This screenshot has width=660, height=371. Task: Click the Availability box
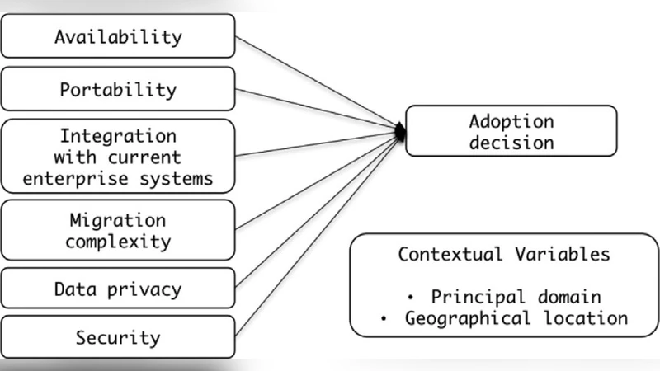(x=118, y=37)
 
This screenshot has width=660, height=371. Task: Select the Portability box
(x=118, y=89)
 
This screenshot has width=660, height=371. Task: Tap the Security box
(x=118, y=338)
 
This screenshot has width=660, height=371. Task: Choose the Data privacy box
(x=118, y=289)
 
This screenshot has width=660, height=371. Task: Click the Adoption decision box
(x=511, y=130)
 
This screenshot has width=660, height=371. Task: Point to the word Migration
(x=117, y=221)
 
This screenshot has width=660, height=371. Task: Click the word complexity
(x=118, y=242)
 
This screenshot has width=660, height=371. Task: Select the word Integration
(x=117, y=134)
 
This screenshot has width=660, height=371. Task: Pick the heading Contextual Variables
(x=504, y=254)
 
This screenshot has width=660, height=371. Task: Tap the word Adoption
(x=511, y=120)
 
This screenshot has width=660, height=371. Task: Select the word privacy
(x=148, y=289)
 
